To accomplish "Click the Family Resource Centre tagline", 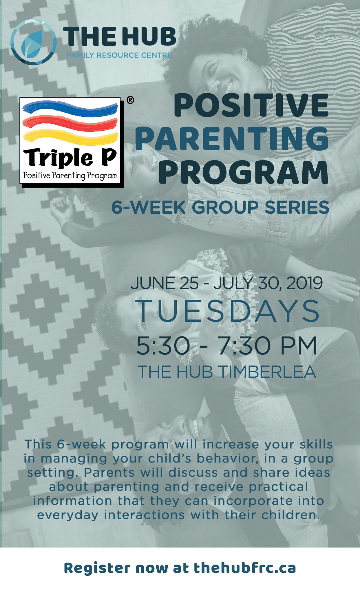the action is tap(119, 55).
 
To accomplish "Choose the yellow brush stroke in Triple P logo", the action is tap(71, 137).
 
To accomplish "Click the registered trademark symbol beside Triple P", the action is tap(130, 100).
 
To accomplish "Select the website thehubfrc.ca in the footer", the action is tap(245, 568).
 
